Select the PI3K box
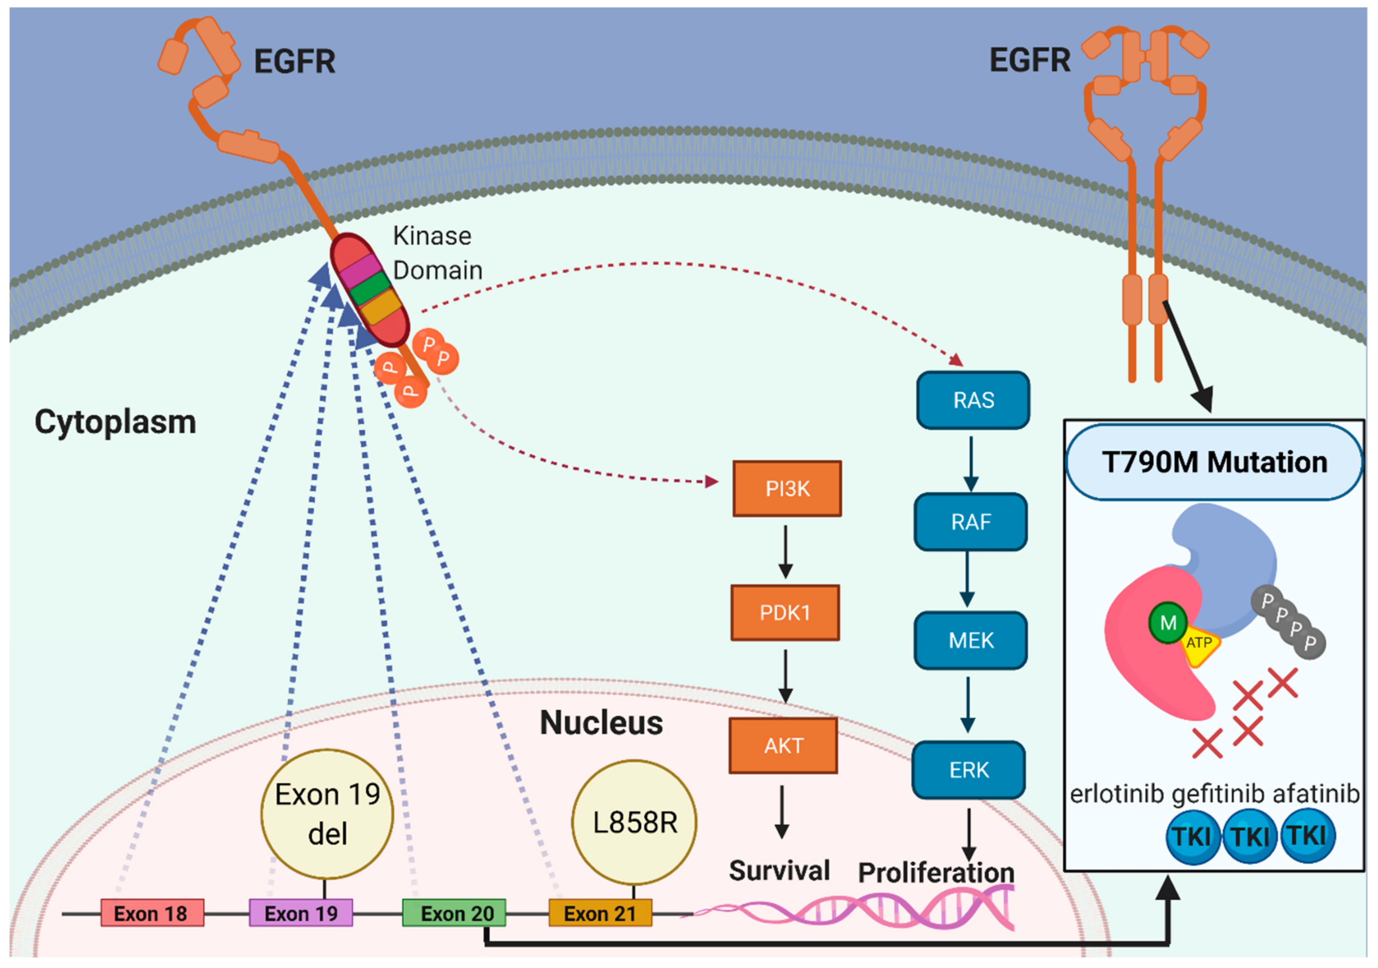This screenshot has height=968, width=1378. coord(787,488)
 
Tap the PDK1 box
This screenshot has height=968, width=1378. coord(785,613)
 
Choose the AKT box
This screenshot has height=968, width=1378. coord(783,746)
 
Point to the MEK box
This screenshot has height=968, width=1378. coord(970,640)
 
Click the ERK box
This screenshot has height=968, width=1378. coord(969,770)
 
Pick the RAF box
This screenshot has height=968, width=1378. coord(970,522)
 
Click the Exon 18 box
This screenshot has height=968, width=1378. coord(152,913)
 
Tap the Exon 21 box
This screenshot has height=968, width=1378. coord(600,913)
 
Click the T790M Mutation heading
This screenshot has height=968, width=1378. coord(1214,462)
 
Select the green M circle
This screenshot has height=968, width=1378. coord(1167,623)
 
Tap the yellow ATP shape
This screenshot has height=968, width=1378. coord(1199,646)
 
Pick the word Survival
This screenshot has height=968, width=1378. coord(779,871)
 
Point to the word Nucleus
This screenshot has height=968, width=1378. coord(601,723)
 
